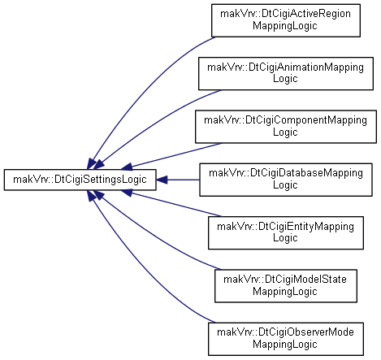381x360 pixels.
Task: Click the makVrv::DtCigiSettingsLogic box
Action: click(x=80, y=180)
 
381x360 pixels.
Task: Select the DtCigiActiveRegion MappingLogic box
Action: click(x=286, y=20)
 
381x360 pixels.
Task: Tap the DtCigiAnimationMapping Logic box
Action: click(x=286, y=73)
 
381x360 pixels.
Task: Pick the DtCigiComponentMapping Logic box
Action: click(x=286, y=127)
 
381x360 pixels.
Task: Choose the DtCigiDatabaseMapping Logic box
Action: click(x=286, y=180)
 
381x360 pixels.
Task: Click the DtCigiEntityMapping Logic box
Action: click(x=286, y=232)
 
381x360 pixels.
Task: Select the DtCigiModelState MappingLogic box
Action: click(x=286, y=286)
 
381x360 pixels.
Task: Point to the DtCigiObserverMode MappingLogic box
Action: click(x=286, y=339)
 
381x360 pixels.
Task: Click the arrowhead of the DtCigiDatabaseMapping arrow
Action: click(x=162, y=180)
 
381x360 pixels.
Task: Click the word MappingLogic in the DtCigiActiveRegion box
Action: click(x=285, y=26)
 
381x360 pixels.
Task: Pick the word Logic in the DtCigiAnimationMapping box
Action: click(x=285, y=79)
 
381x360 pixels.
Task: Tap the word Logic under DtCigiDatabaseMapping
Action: click(x=285, y=185)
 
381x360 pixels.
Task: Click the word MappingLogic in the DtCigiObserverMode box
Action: click(x=285, y=345)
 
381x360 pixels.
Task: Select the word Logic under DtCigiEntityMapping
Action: click(x=285, y=238)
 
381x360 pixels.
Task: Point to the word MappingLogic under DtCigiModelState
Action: click(x=285, y=292)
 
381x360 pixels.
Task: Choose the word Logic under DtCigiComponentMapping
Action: click(x=285, y=132)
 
